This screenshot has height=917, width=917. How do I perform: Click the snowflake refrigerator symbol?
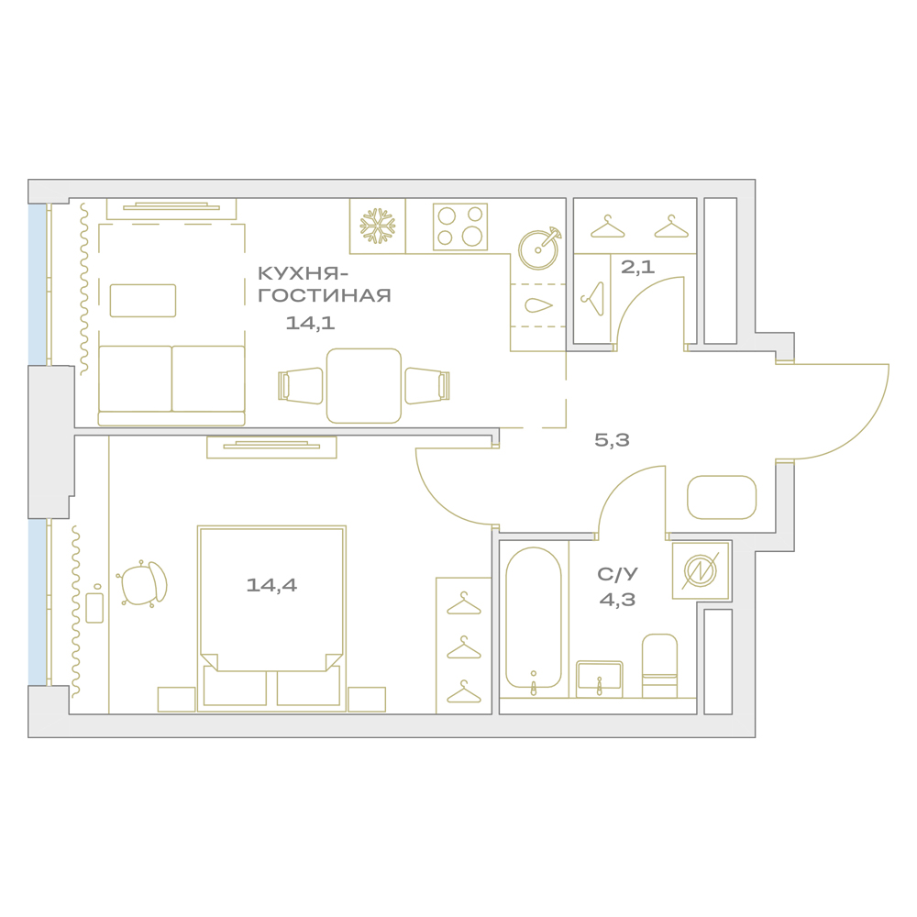pos(378,226)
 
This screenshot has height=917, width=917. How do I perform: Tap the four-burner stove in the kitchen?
pos(460,226)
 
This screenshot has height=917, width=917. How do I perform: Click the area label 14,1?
pos(310,323)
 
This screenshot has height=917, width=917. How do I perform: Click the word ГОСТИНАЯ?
pos(325,295)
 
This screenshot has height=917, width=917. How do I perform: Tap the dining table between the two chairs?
pos(364,386)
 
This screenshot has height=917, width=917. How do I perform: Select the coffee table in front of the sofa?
pos(143,301)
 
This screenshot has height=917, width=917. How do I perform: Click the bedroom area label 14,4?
pos(271,585)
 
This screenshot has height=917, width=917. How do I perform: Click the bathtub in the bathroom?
pos(534,618)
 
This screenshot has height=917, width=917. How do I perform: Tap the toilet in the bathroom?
pos(659,666)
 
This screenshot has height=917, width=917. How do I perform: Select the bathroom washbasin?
pos(600,679)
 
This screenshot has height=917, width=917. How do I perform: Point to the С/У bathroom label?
pos(617,574)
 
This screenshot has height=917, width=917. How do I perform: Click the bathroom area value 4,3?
pos(617,600)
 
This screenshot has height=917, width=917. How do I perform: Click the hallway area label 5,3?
pos(612,440)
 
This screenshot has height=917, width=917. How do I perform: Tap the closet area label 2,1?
pos(637,267)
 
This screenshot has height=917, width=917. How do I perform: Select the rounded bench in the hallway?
pos(722,498)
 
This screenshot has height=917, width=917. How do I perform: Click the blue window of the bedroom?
pos(37,602)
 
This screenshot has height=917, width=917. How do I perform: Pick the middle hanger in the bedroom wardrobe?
pos(464,647)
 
